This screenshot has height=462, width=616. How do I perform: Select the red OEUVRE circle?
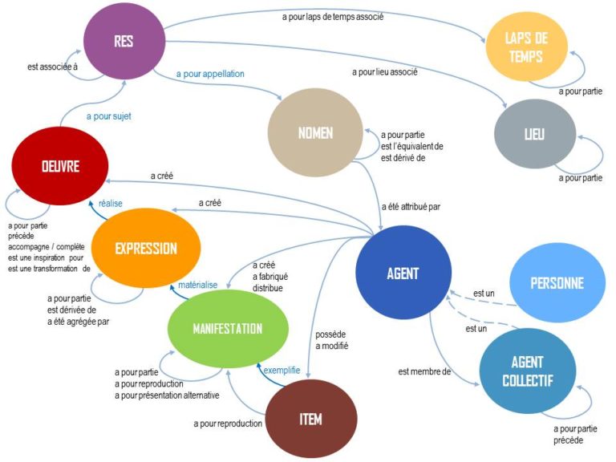pos(60,166)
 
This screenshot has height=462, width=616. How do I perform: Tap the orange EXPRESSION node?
pos(145,248)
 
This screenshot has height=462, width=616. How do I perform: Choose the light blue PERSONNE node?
pos(557,282)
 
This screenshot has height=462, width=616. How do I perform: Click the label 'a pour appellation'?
pos(210,74)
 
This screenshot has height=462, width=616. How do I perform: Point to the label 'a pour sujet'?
pos(107,115)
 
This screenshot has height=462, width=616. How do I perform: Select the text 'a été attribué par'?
pos(410,206)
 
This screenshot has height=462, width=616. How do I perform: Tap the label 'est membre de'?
pos(424,371)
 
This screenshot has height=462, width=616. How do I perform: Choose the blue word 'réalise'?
pos(111,204)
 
